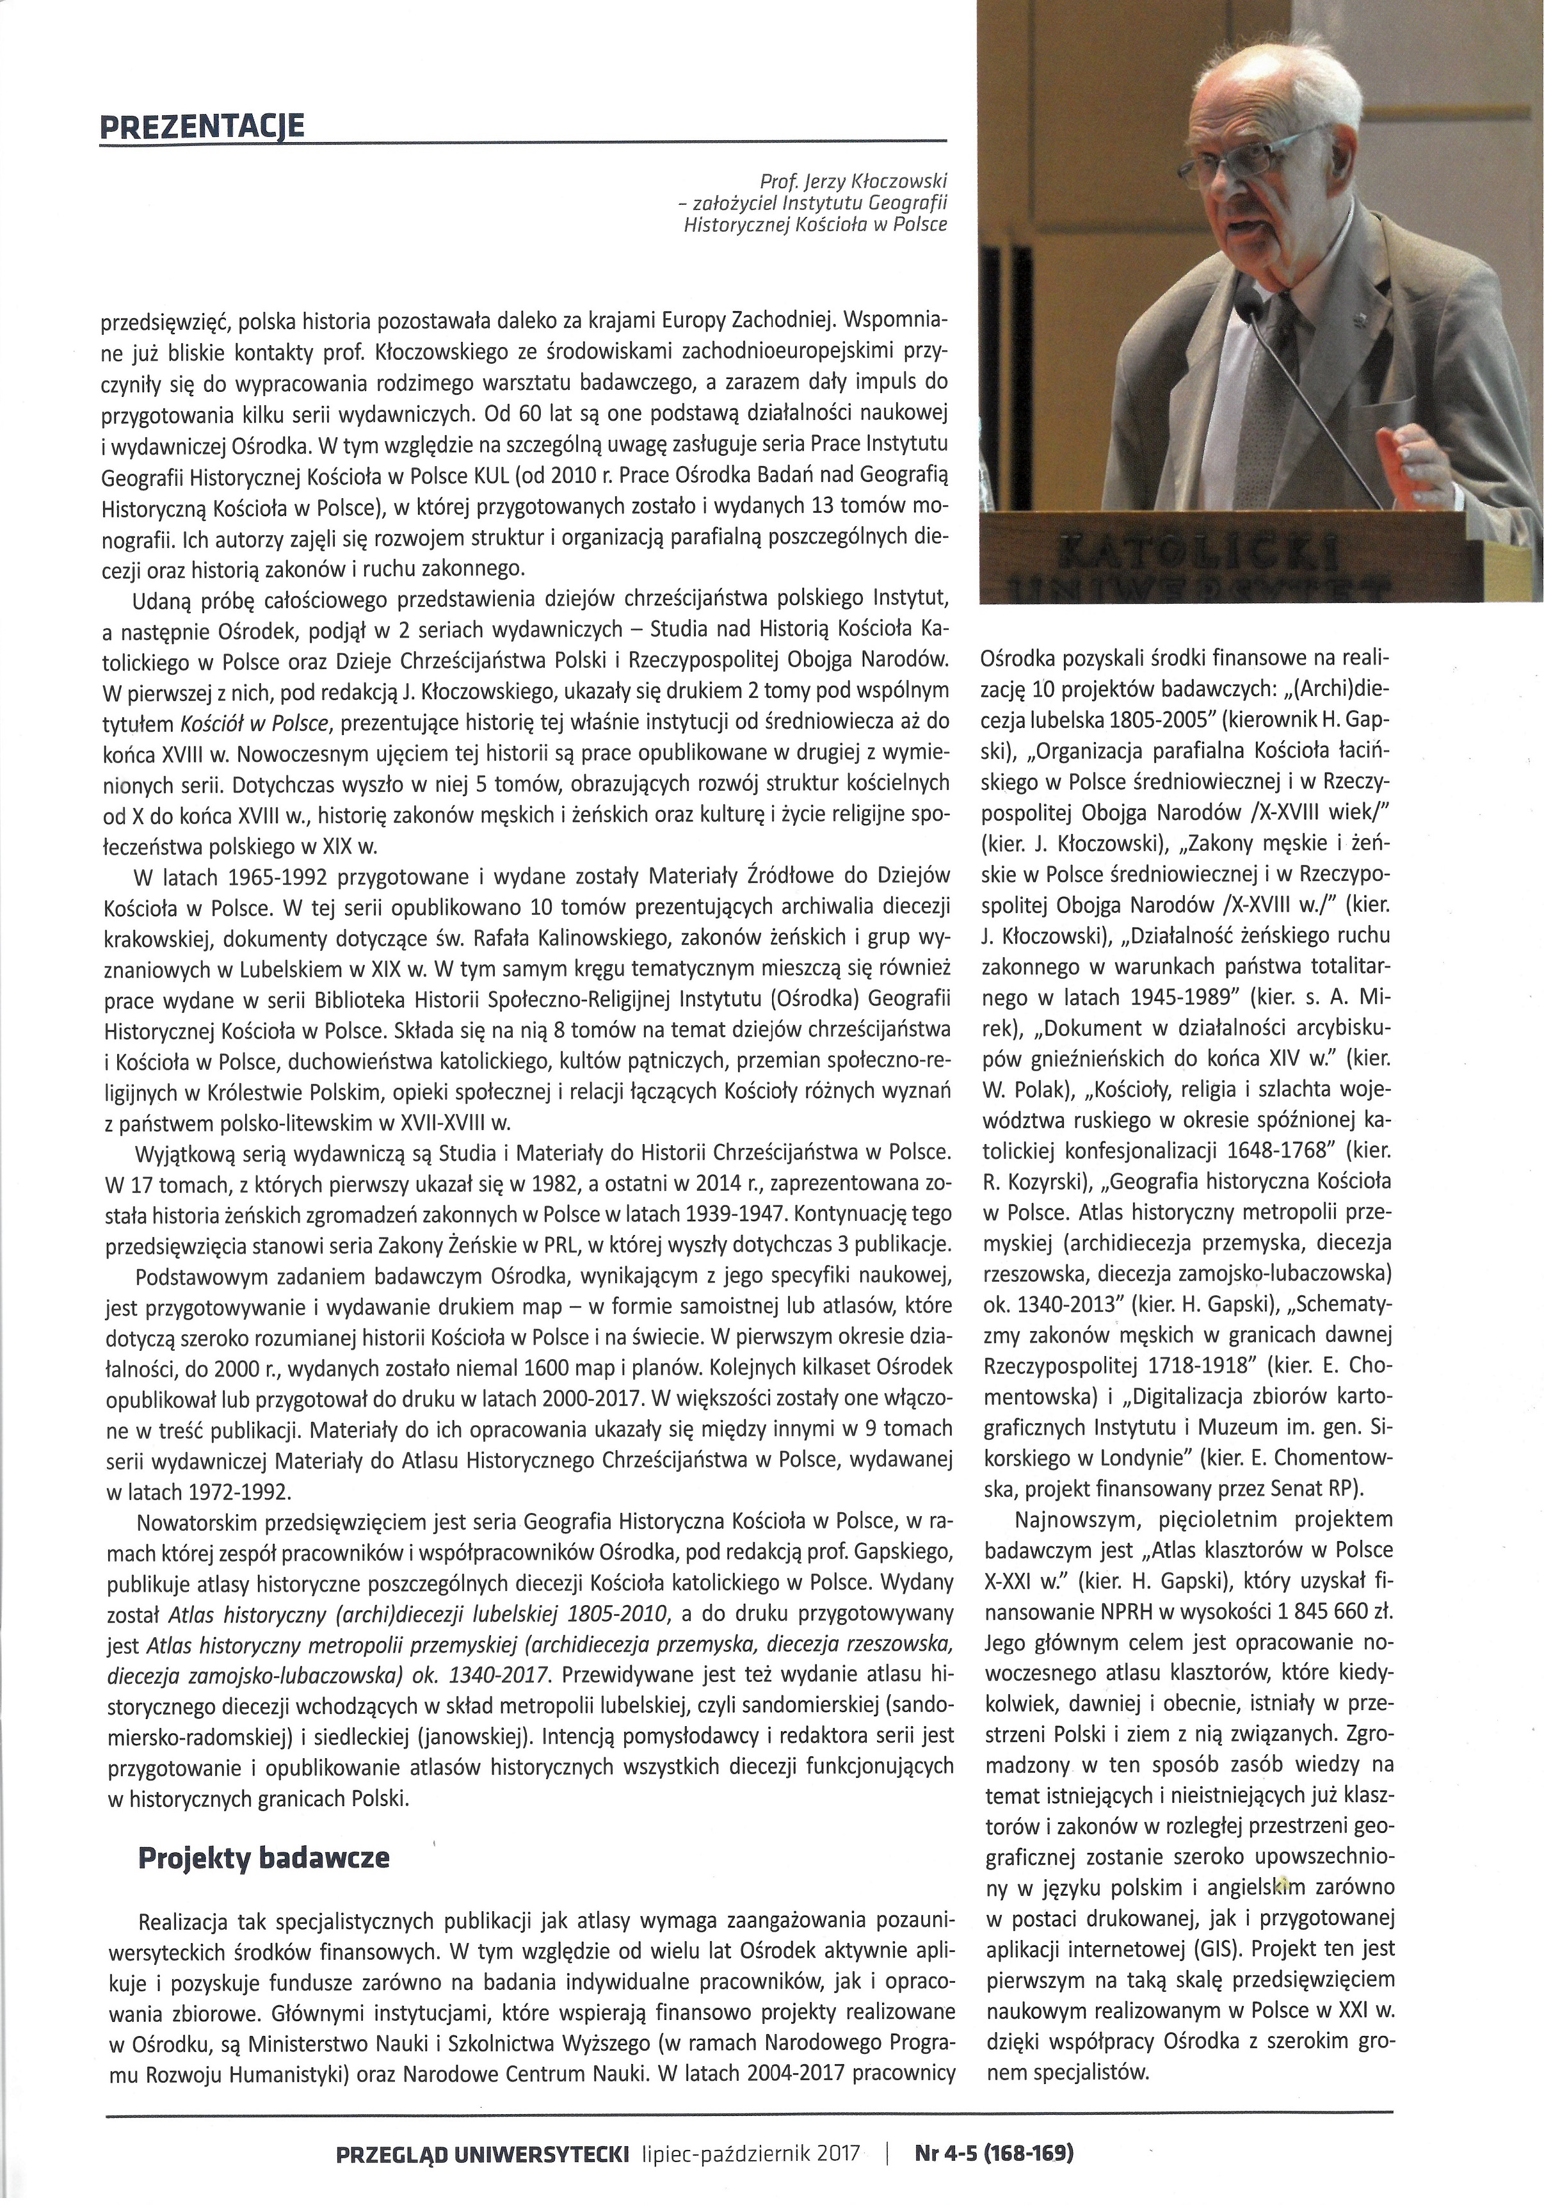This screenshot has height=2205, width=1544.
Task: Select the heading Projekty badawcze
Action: (x=264, y=1185)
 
